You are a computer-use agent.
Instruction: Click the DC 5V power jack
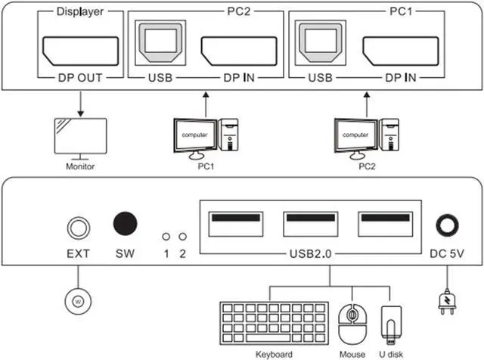tap(446, 226)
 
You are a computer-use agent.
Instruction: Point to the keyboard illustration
tap(274, 324)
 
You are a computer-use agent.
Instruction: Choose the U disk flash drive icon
tap(389, 324)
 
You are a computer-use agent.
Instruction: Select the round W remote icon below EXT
tap(76, 301)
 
